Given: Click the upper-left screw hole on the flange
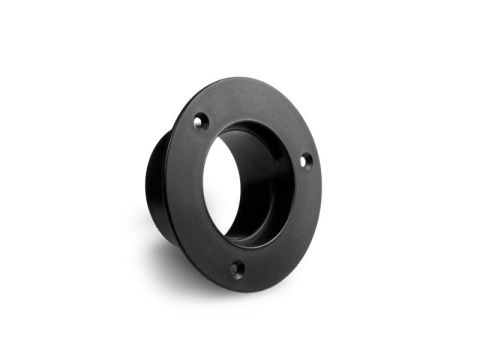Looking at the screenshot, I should [x=200, y=121].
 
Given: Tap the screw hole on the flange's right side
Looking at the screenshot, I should [x=306, y=160].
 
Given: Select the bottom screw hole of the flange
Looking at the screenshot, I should [x=236, y=268].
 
